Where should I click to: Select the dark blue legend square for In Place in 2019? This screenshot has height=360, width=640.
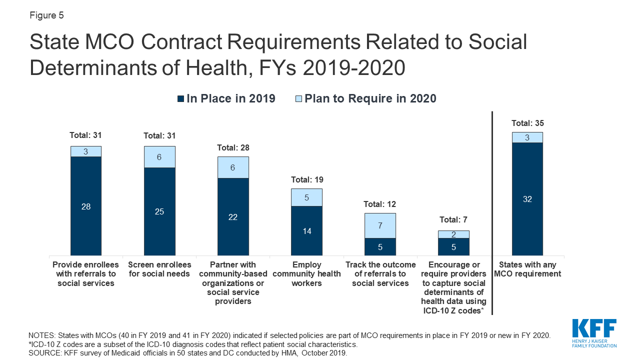180,99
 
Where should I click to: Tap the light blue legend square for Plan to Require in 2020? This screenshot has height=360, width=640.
299,99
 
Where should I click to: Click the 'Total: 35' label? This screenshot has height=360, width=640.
527,123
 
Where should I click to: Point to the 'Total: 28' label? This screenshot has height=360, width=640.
233,147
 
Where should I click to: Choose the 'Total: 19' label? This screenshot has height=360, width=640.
306,179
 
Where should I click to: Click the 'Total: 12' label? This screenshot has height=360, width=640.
380,204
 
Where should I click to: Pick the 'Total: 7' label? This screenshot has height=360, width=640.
453,219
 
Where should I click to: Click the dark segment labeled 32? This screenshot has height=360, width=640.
527,199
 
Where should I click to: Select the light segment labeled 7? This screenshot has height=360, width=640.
380,226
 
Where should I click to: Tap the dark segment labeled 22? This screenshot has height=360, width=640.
233,217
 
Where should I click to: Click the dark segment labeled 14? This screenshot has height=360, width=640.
306,231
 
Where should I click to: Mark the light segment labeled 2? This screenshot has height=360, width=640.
453,234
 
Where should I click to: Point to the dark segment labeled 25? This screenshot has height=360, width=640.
159,211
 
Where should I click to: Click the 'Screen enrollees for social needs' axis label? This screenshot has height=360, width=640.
159,269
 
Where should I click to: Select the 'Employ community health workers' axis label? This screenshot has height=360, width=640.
306,274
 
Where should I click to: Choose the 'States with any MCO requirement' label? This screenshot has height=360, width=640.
527,269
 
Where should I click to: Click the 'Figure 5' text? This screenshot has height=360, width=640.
46,15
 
